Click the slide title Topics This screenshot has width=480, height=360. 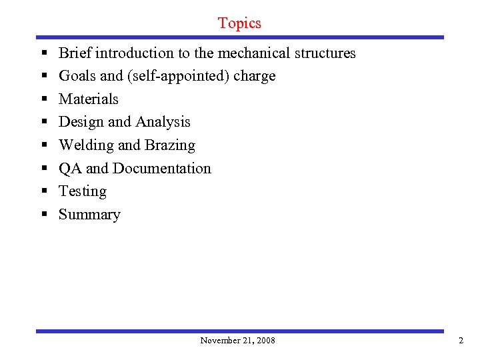[239, 23]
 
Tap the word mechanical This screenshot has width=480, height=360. [251, 53]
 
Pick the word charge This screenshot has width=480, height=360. [254, 76]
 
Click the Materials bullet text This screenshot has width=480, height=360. [88, 99]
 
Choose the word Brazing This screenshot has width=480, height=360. [169, 145]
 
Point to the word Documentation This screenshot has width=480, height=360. [161, 168]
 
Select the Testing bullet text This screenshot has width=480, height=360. [83, 191]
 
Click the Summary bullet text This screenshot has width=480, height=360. [89, 215]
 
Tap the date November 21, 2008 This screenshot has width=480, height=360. [237, 341]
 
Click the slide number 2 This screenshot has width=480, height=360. [461, 341]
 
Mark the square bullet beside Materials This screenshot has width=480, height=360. [43, 99]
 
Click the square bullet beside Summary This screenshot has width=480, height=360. [43, 215]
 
